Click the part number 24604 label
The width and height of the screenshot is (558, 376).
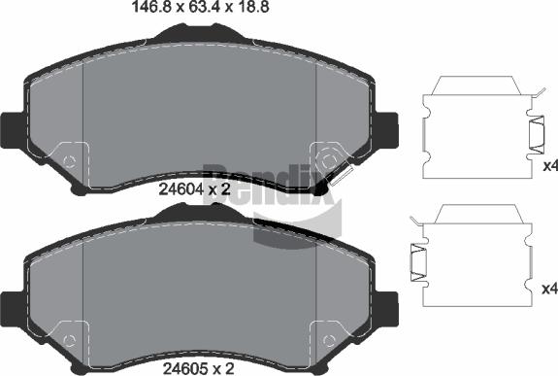coord(181,189)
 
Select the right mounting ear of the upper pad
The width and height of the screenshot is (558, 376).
coord(387,126)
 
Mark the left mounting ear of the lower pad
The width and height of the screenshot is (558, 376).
coord(12,304)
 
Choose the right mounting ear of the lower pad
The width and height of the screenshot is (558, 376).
coord(387,304)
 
